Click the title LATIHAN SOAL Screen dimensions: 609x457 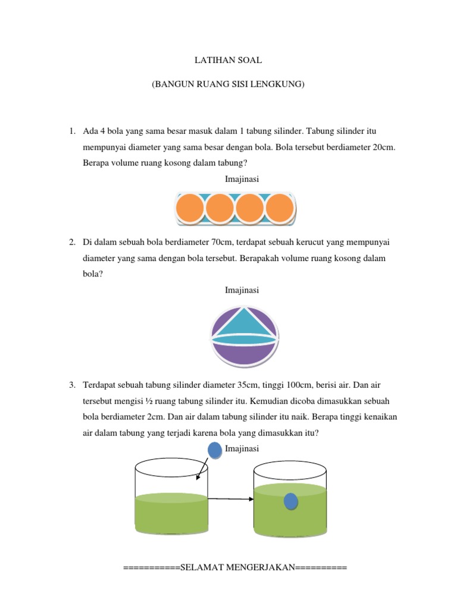228,61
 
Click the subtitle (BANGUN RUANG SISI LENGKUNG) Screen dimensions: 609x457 228,85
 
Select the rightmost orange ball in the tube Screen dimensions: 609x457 280,208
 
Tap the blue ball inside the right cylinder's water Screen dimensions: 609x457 290,501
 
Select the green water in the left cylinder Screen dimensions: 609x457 171,514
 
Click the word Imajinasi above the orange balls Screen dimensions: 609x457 242,178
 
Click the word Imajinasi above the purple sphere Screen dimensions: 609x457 242,290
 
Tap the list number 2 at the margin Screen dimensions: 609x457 71,243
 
